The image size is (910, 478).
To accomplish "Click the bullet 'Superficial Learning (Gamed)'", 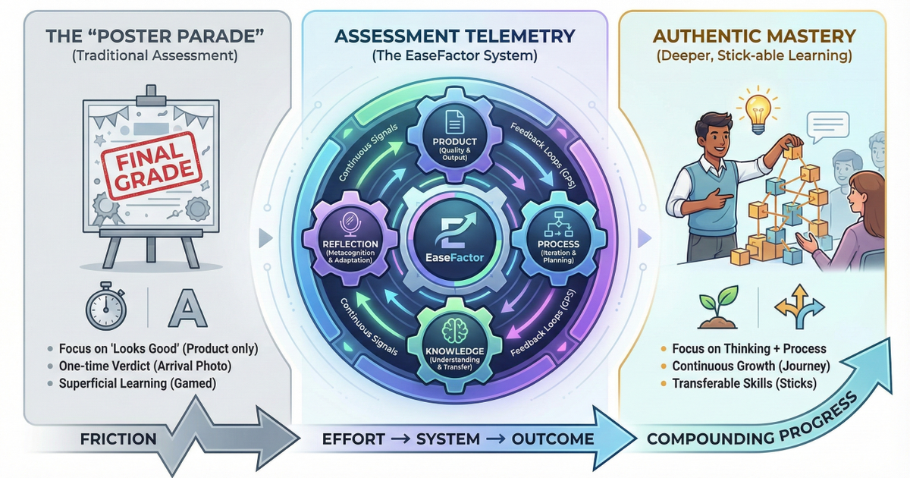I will tap(136, 383).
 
